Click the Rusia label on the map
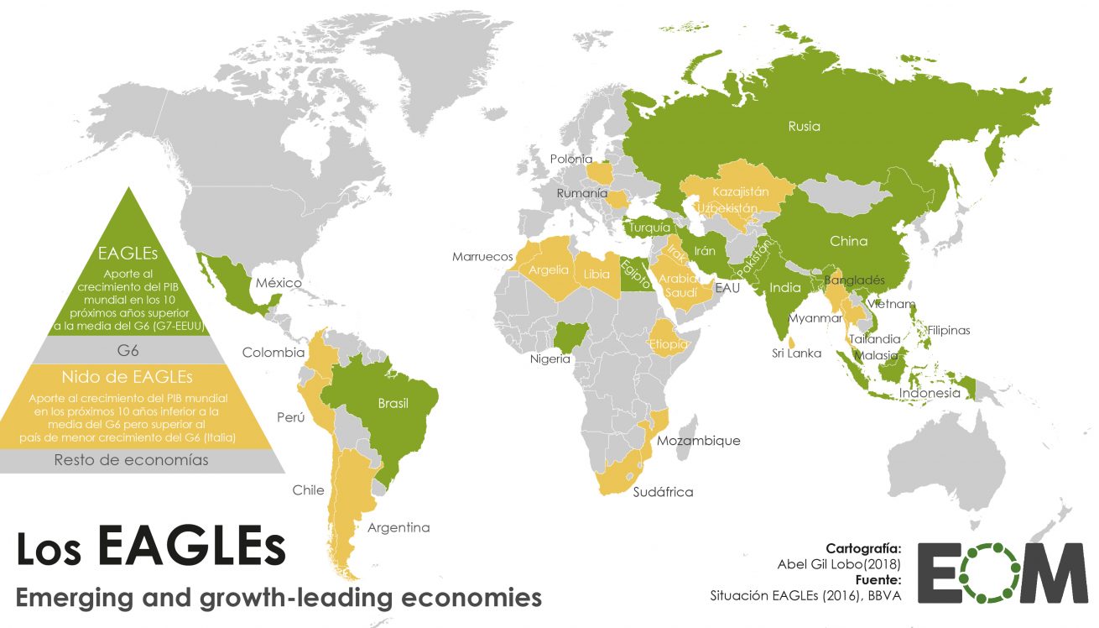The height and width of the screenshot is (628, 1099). coord(804,127)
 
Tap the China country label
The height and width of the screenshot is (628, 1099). coord(848,241)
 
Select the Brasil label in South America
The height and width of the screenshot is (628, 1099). coord(393,404)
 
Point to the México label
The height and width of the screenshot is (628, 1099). coord(279,283)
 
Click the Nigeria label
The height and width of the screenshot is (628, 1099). coord(549,358)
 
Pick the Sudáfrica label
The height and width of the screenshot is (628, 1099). coord(663,492)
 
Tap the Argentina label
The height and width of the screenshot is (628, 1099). coord(398,527)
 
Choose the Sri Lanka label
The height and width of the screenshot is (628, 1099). coord(796,353)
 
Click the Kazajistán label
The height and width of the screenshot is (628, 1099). coord(741,191)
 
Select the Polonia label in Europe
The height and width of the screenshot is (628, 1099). coord(571,159)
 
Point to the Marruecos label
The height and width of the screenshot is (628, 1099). coord(482,255)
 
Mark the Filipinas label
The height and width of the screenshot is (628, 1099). coord(948,330)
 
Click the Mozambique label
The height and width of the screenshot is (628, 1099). coord(699,440)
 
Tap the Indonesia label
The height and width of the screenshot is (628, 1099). coord(930,393)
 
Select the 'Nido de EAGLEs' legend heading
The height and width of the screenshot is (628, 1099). coord(127,375)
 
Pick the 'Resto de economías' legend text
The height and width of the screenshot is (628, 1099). coord(131,460)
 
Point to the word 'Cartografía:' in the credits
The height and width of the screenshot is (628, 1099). coord(864,547)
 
